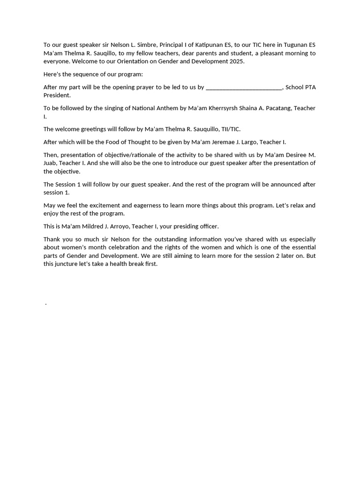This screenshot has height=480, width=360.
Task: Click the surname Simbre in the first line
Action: point(145,45)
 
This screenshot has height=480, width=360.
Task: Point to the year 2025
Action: point(236,61)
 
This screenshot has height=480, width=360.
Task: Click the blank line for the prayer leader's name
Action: point(244,87)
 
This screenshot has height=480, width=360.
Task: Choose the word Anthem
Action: point(167,108)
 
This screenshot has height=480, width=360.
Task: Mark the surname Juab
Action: point(50,163)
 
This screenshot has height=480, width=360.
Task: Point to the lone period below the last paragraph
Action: point(45,304)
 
